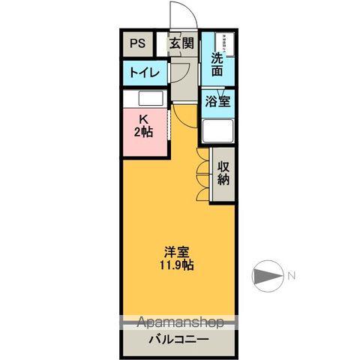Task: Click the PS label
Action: pos(137,43)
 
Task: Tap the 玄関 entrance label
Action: pos(181,43)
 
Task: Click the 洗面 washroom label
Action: pos(217,64)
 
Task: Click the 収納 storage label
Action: pos(223,172)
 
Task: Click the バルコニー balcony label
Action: pos(179,338)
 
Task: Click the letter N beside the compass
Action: pos(292,277)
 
